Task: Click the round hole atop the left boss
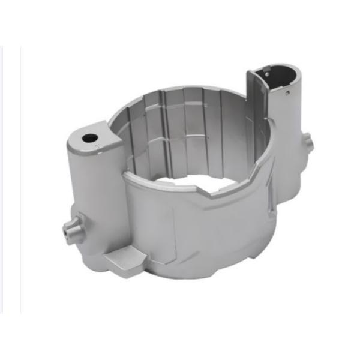pos(89,138)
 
